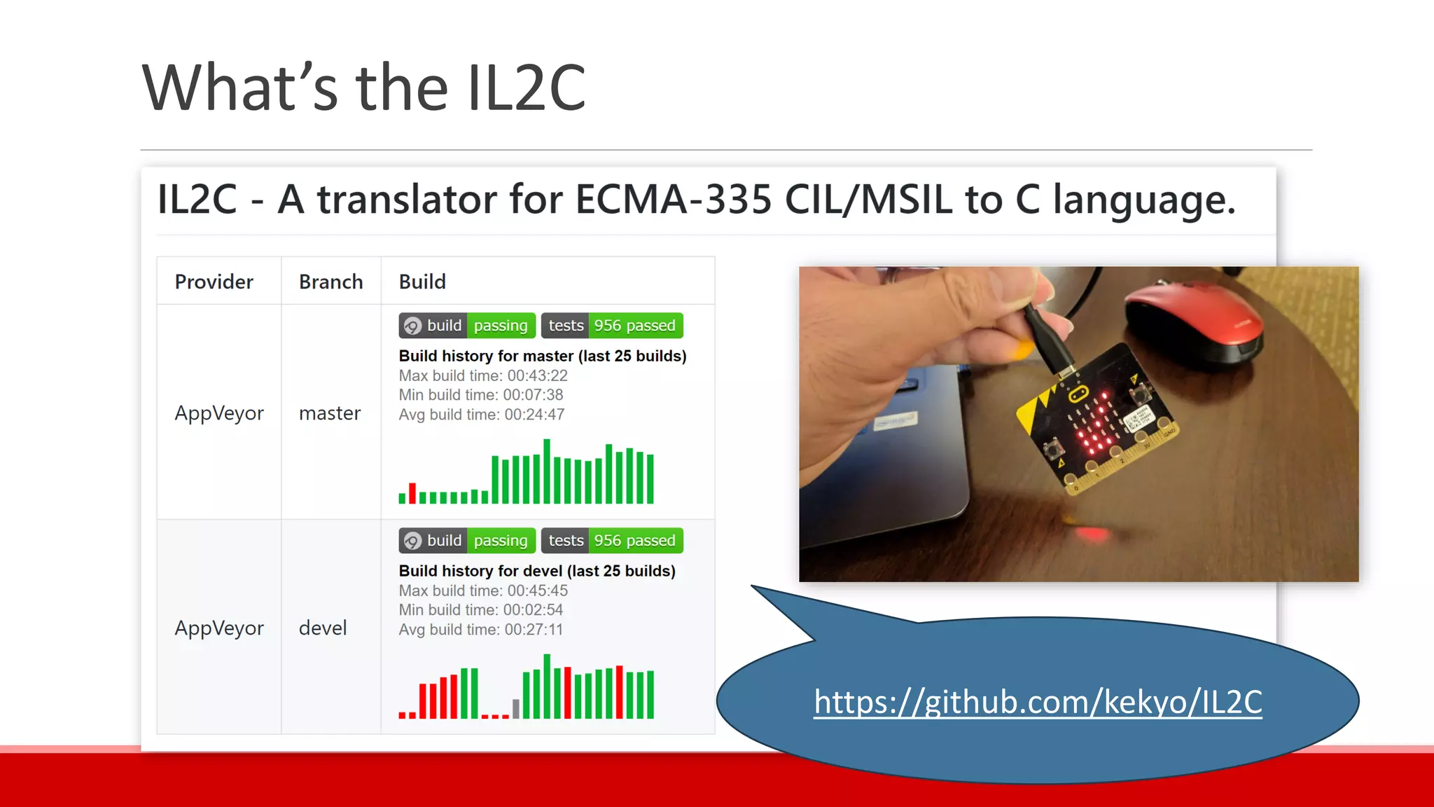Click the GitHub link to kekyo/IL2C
(x=1038, y=702)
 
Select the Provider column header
(x=214, y=282)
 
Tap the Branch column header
(x=330, y=282)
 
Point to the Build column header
(x=422, y=282)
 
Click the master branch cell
(x=330, y=413)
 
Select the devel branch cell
(x=323, y=628)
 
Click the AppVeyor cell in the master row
(x=219, y=413)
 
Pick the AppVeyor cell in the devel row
(x=219, y=628)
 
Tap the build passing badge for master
(x=467, y=326)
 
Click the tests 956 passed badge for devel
(x=612, y=541)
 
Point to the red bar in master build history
(x=412, y=493)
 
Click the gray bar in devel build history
(x=516, y=708)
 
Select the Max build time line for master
(x=483, y=375)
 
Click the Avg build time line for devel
(x=480, y=630)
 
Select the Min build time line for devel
(x=480, y=610)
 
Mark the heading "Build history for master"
(x=542, y=356)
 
